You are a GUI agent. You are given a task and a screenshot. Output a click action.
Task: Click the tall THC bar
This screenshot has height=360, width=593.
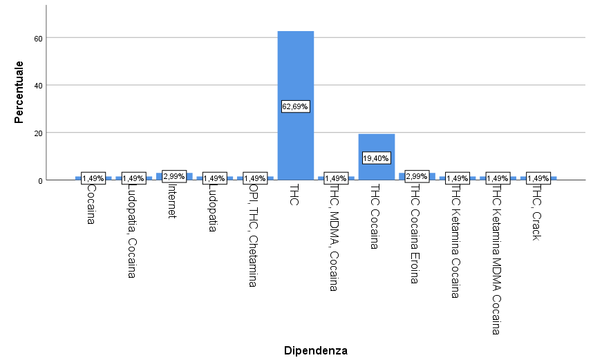(295, 69)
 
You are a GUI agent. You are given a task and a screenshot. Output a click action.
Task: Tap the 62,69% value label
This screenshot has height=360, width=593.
(295, 106)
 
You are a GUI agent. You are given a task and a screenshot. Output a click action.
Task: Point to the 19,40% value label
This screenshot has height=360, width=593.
(376, 158)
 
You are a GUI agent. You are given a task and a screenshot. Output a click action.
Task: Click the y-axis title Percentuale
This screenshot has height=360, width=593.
(20, 92)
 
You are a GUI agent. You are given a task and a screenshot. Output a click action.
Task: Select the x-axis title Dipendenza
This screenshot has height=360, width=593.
(315, 350)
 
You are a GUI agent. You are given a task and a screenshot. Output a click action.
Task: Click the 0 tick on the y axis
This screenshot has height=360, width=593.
(41, 180)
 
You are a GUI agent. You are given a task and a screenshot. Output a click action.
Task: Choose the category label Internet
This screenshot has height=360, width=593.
(173, 200)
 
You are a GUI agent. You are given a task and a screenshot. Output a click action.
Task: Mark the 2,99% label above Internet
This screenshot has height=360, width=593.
(174, 176)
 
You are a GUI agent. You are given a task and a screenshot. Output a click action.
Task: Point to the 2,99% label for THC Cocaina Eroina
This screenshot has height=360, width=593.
(417, 176)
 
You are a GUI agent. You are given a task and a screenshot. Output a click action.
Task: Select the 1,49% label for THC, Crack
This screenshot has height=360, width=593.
(538, 178)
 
